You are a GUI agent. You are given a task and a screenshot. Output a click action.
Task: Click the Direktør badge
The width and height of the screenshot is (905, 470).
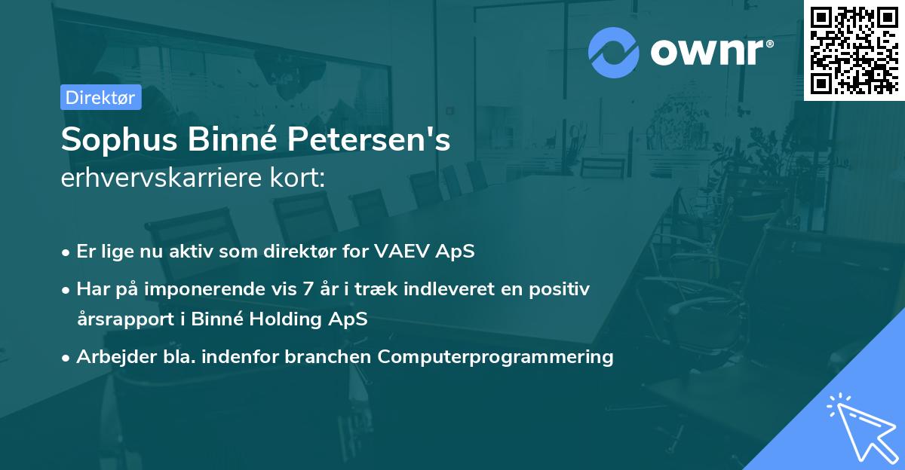(x=101, y=97)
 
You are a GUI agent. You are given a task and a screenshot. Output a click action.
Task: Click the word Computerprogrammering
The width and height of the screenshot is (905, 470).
(x=495, y=356)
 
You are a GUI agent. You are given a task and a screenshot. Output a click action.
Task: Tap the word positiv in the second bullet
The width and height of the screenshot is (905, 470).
(x=563, y=288)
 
